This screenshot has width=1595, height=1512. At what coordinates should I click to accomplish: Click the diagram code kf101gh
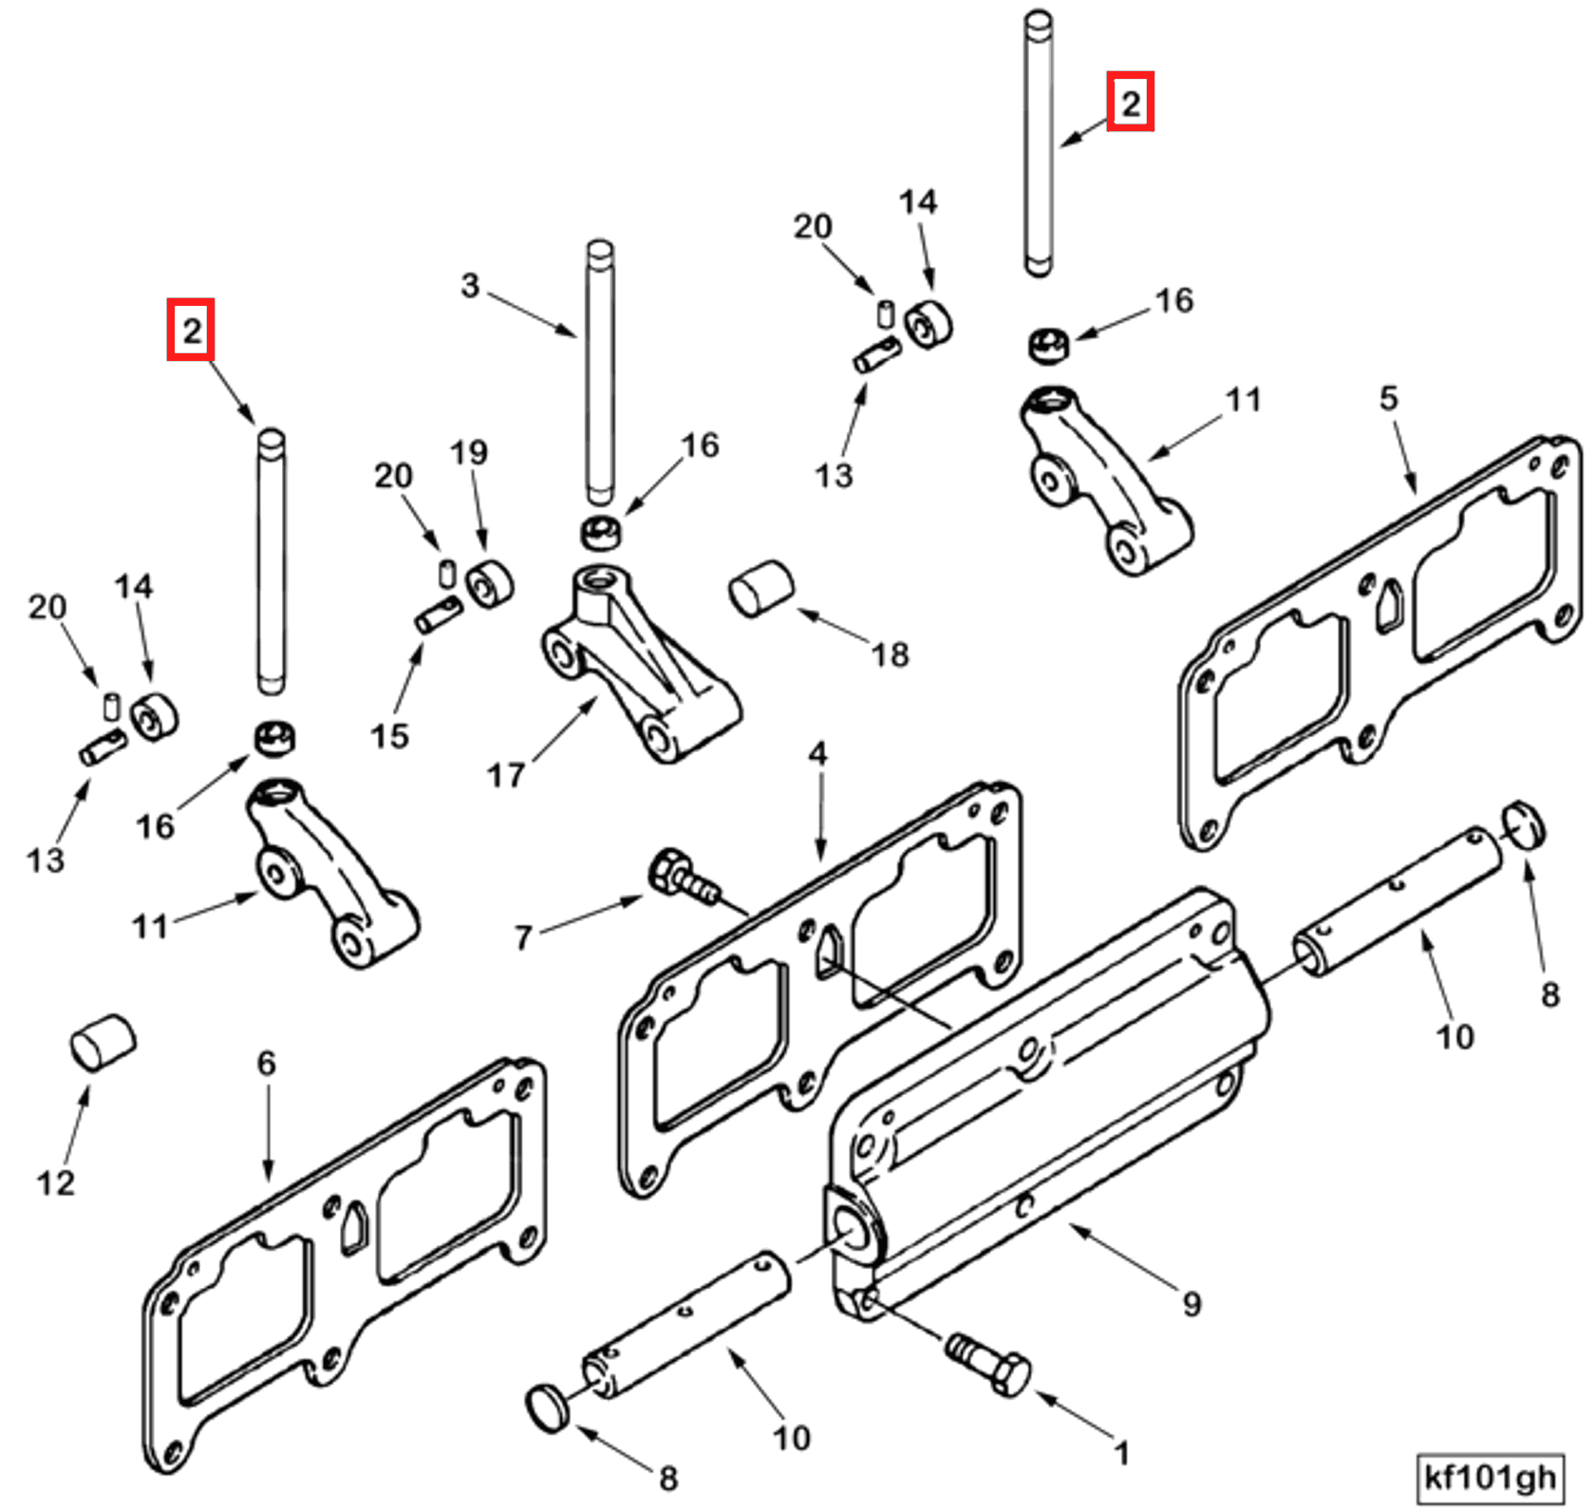pyautogui.click(x=1489, y=1477)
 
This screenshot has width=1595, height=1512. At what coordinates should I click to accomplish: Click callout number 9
pyautogui.click(x=1192, y=1303)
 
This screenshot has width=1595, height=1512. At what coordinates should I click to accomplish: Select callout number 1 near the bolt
pyautogui.click(x=1121, y=1453)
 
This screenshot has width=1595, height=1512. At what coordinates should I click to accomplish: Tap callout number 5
pyautogui.click(x=1388, y=397)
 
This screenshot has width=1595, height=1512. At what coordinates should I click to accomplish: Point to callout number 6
pyautogui.click(x=266, y=1063)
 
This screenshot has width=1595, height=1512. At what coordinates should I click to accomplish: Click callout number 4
pyautogui.click(x=817, y=755)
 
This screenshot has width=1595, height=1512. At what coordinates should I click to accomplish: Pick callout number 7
pyautogui.click(x=523, y=938)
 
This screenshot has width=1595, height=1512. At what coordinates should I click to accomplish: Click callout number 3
pyautogui.click(x=470, y=285)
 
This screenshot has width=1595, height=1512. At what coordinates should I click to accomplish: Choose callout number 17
pyautogui.click(x=505, y=775)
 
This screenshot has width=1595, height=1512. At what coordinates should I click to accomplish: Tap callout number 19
pyautogui.click(x=469, y=453)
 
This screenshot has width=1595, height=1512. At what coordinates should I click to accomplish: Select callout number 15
pyautogui.click(x=389, y=735)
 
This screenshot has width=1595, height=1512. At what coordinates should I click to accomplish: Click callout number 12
pyautogui.click(x=55, y=1182)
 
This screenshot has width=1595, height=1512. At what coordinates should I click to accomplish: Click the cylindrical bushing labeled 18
pyautogui.click(x=760, y=589)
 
